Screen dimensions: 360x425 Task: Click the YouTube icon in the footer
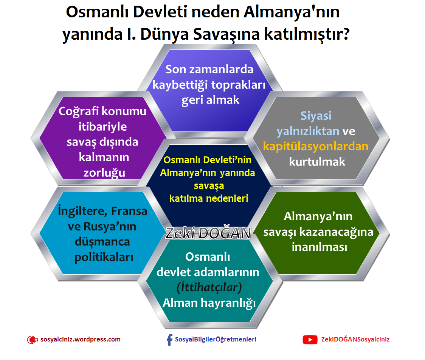310,340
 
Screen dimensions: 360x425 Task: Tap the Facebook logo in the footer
169,340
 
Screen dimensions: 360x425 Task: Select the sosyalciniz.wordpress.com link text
80,339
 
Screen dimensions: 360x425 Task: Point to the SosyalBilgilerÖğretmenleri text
216,339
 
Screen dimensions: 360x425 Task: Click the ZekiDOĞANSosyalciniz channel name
355,339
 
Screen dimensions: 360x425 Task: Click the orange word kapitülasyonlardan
316,146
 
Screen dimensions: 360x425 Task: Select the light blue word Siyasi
316,115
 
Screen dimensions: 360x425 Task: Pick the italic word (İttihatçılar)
209,287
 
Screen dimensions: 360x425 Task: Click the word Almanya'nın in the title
291,12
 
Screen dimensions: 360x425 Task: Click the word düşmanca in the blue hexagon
102,242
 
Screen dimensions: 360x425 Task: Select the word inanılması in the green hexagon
319,247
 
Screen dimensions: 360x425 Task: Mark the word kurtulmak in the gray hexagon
317,162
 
